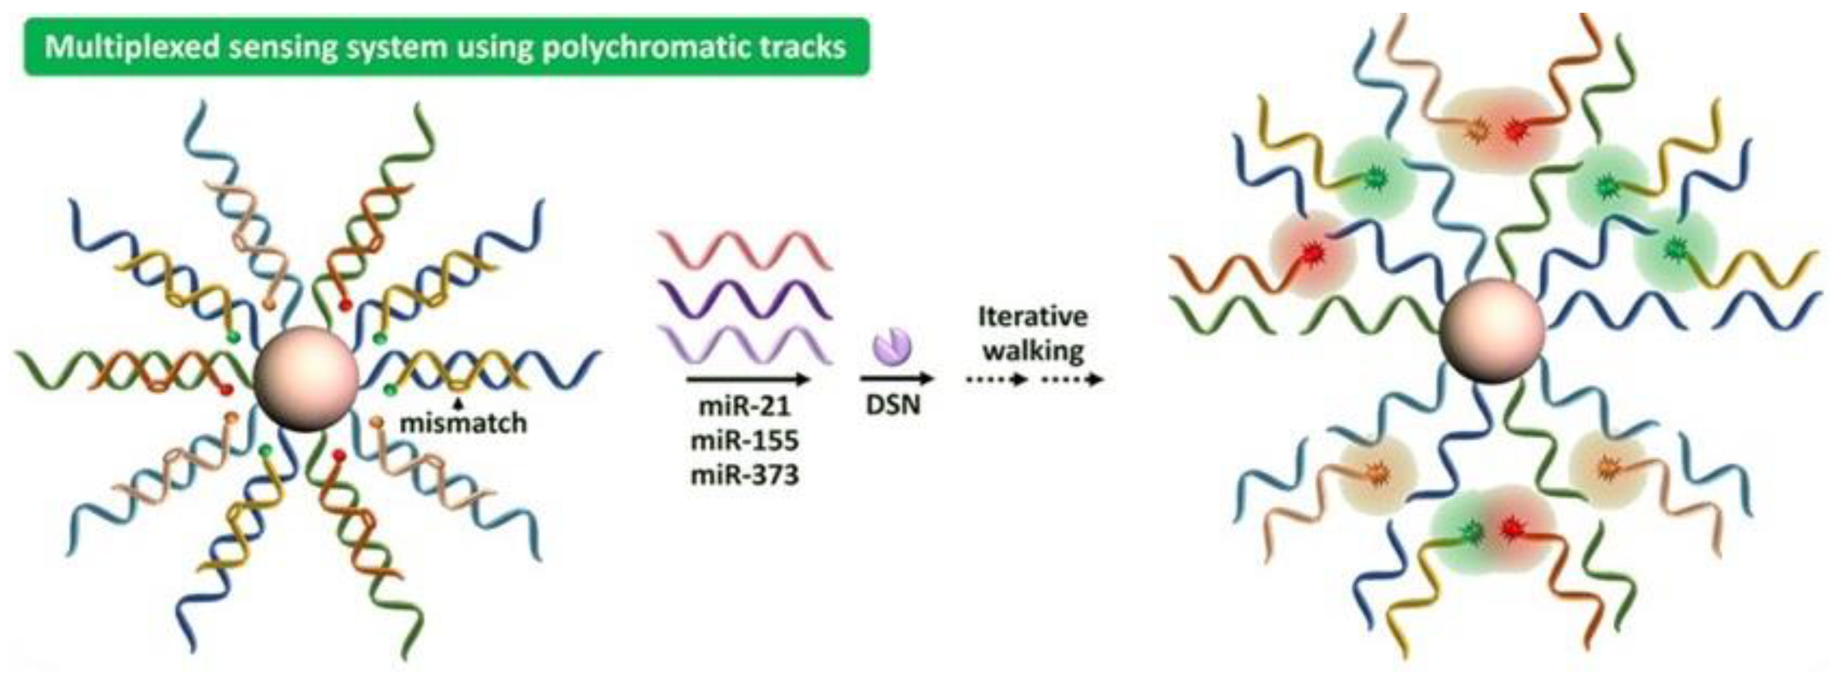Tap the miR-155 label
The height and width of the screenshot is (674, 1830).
pyautogui.click(x=744, y=441)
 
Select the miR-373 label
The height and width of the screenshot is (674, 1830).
pyautogui.click(x=744, y=474)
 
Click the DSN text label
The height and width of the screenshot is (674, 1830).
pyautogui.click(x=893, y=405)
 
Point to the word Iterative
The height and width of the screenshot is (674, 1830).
pyautogui.click(x=1033, y=316)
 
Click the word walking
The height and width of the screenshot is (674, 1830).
pyautogui.click(x=1033, y=350)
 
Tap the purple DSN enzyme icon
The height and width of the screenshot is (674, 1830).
pyautogui.click(x=893, y=346)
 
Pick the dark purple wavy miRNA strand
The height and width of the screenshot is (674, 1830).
pyautogui.click(x=744, y=299)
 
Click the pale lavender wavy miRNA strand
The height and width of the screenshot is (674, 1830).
pyautogui.click(x=744, y=345)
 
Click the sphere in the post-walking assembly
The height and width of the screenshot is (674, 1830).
pyautogui.click(x=1492, y=331)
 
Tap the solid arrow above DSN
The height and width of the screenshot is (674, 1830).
pyautogui.click(x=895, y=379)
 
